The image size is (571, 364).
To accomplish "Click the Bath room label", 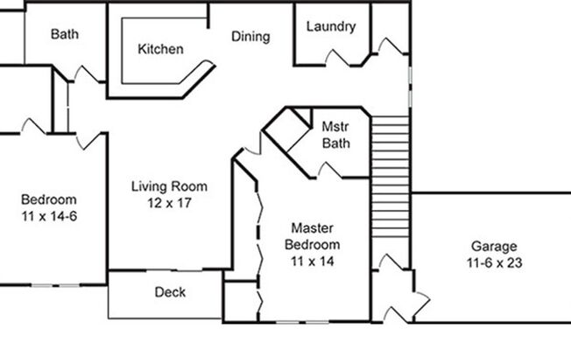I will (65, 35).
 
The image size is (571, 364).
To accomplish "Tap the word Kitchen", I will (161, 49).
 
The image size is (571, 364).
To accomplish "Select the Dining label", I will (250, 37).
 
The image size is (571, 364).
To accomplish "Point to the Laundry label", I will (331, 26).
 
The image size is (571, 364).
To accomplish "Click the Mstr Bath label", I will (336, 135).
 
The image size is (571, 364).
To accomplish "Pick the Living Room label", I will (170, 186).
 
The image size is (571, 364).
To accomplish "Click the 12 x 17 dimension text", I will (170, 202).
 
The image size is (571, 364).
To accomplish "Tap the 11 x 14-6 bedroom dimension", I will (49, 214).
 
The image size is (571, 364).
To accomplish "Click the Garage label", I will (495, 246).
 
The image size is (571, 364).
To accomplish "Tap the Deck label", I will (170, 292).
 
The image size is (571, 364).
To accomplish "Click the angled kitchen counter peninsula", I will (197, 79).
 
